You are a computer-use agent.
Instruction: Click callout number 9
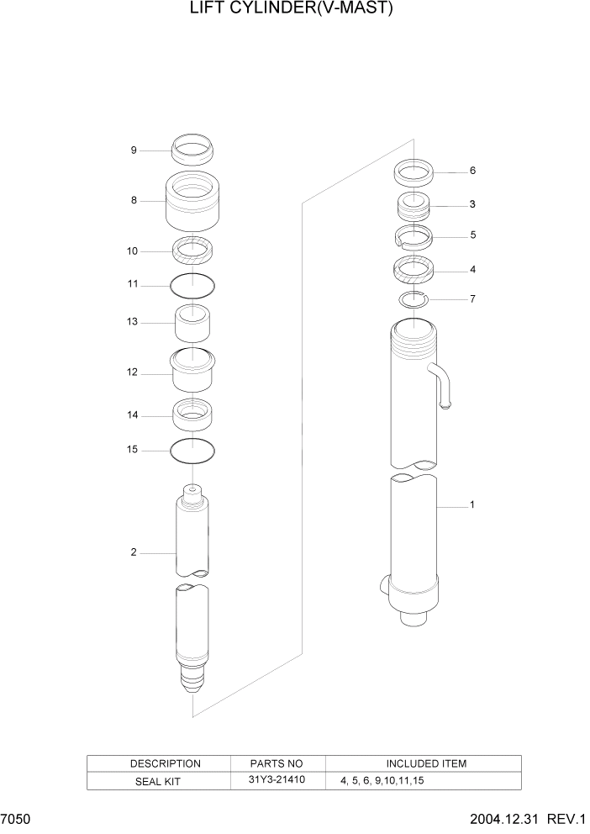[133, 150]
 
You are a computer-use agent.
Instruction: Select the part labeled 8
[192, 201]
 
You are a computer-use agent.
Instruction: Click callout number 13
[132, 322]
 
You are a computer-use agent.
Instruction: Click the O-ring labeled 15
[192, 451]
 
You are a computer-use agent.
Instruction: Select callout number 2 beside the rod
[133, 552]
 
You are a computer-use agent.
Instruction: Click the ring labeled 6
[414, 173]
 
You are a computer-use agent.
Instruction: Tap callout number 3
[472, 204]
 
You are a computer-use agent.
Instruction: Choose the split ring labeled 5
[414, 237]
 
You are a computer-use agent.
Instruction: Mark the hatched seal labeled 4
[414, 271]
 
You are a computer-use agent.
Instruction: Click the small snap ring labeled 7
[414, 299]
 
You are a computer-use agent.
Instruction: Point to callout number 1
[472, 505]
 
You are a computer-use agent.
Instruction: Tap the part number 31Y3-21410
[277, 780]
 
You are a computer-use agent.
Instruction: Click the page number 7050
[16, 819]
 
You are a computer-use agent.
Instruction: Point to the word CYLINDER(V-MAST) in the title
[324, 9]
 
